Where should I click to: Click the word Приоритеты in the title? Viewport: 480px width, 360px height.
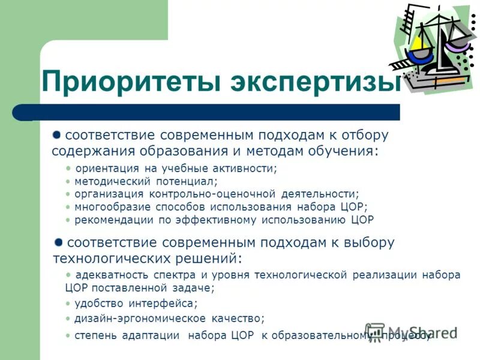[x=131, y=83]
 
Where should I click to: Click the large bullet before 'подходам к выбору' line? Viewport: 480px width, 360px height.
[x=58, y=242]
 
